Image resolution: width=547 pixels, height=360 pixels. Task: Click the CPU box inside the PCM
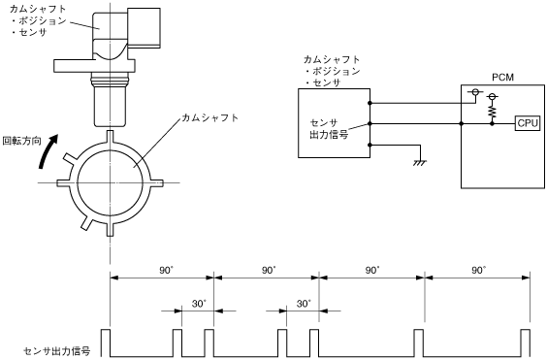point(528,123)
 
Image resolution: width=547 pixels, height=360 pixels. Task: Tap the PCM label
point(502,78)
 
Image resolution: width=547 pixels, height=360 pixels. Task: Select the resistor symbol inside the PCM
point(492,112)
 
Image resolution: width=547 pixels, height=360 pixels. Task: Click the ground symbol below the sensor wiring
point(420,163)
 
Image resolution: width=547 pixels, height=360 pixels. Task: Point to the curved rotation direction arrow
point(48,150)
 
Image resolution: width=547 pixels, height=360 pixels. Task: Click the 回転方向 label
point(22,141)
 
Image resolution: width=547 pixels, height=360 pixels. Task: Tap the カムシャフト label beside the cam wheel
point(210,117)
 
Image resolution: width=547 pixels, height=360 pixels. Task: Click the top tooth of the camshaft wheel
point(110,137)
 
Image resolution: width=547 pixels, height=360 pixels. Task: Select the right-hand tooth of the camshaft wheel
point(157,182)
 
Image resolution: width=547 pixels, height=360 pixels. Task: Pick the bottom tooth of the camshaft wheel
point(110,229)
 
